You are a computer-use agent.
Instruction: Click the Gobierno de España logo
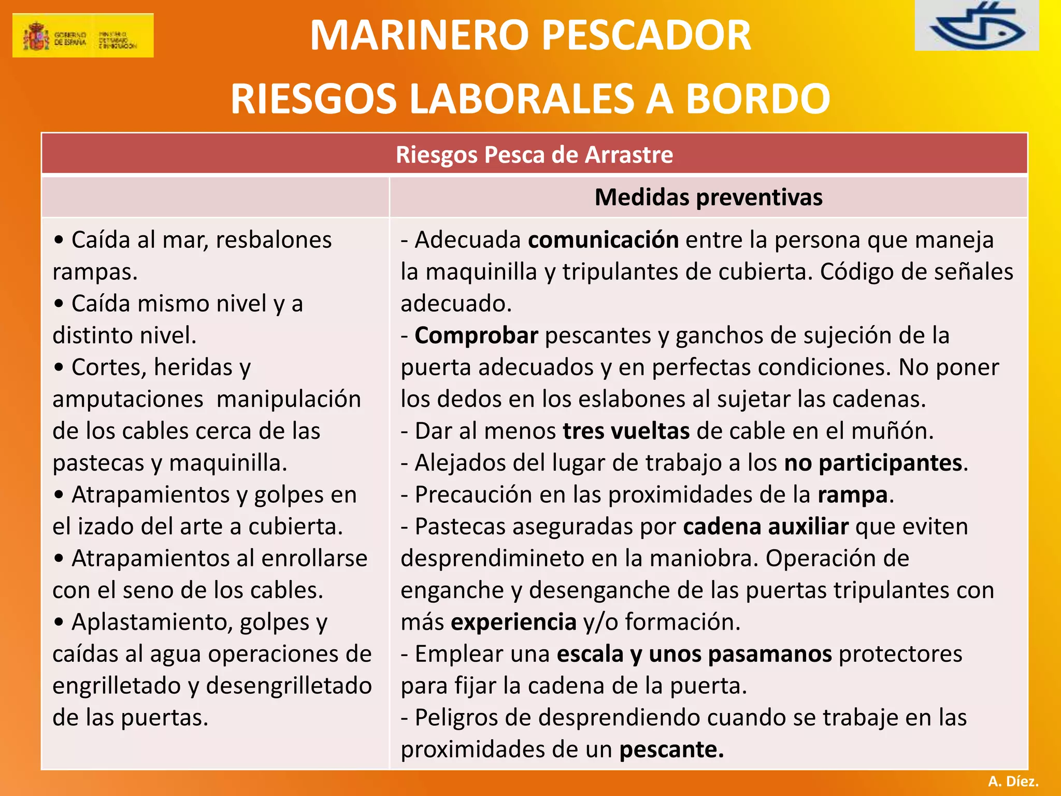(x=83, y=35)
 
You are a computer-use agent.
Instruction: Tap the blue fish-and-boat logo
(x=976, y=26)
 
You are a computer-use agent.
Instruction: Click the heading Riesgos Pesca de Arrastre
(x=534, y=154)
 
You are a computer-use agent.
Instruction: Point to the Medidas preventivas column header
(x=708, y=197)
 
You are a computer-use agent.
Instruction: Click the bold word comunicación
(x=604, y=240)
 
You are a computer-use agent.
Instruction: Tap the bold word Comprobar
(x=477, y=336)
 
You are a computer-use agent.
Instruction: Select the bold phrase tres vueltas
(x=626, y=431)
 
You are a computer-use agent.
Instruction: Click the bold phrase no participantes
(x=873, y=463)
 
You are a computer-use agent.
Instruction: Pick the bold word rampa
(x=853, y=495)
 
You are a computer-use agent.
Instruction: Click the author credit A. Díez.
(x=1013, y=781)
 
